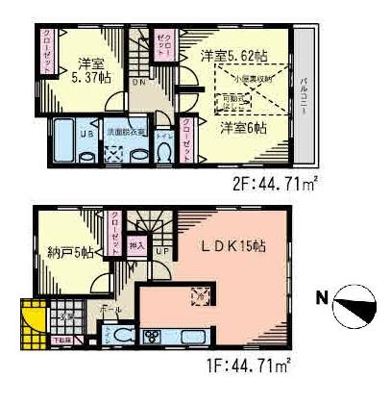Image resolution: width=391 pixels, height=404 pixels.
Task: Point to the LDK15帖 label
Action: (232, 247)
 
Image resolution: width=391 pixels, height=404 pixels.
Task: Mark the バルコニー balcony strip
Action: (304, 96)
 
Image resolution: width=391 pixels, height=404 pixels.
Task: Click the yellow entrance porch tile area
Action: (32, 320)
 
